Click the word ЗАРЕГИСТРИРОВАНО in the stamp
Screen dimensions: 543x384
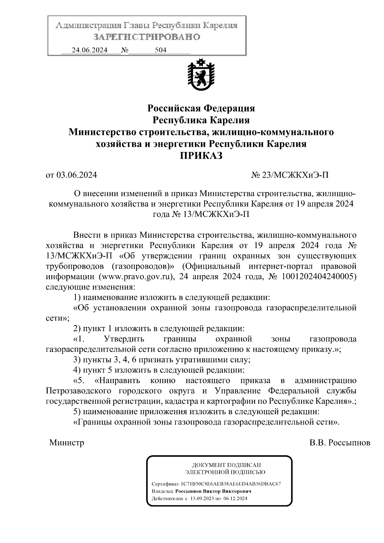tap(147, 37)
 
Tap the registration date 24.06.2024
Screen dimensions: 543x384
tap(90, 50)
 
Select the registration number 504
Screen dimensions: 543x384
tap(160, 50)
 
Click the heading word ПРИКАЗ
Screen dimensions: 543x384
tap(201, 156)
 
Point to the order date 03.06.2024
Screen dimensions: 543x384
tap(77, 175)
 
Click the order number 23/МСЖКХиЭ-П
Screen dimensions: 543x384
tap(295, 175)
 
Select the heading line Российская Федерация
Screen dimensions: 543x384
tap(201, 108)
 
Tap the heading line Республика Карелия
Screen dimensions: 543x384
tap(201, 120)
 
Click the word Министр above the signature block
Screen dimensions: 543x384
tap(67, 443)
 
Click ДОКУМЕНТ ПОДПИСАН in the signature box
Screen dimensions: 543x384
tap(226, 465)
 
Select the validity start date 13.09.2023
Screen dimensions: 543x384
tap(202, 499)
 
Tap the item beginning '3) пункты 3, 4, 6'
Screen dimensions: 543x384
tap(162, 360)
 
